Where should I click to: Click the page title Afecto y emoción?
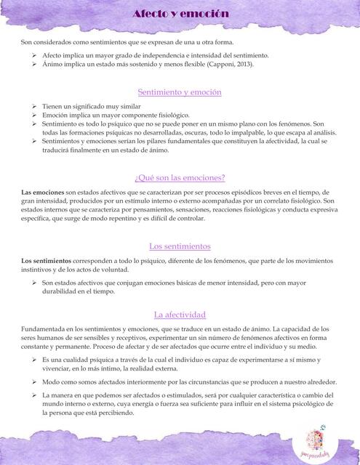click(180, 14)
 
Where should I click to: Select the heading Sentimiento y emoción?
click(180, 92)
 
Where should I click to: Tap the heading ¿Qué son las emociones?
click(180, 178)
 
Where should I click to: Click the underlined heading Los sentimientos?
click(180, 246)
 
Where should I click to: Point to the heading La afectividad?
click(180, 315)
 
